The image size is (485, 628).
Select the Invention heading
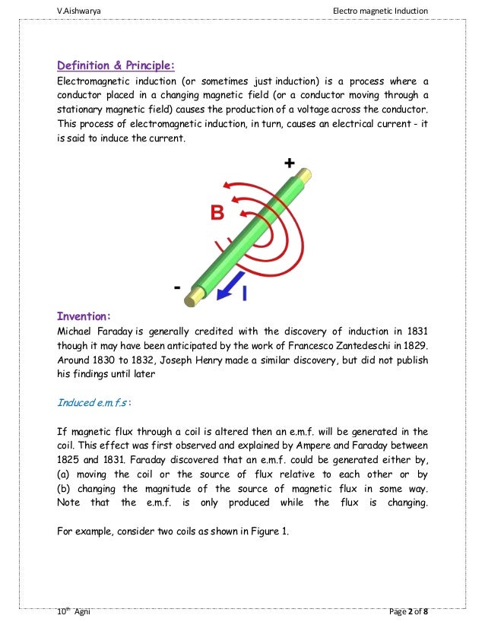87,316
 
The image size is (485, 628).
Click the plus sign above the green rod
289,163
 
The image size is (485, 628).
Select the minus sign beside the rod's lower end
178,288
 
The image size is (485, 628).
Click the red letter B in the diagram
217,214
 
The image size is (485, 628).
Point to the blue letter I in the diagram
245,292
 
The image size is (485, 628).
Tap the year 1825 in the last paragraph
71,460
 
